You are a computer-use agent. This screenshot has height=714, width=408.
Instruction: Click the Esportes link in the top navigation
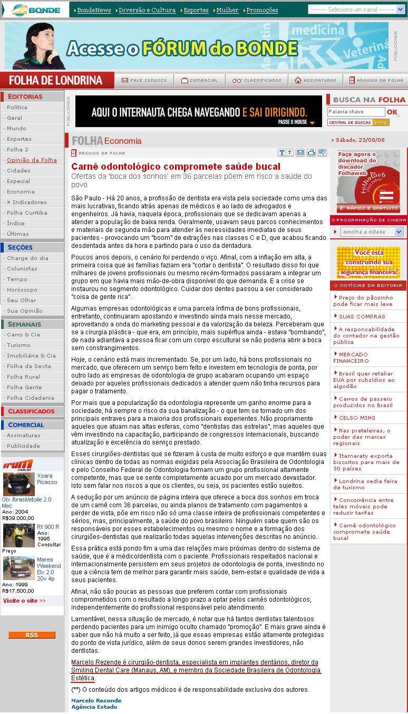196,10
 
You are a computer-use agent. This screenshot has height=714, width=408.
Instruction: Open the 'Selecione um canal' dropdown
358,9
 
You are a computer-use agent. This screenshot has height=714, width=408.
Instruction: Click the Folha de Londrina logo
56,81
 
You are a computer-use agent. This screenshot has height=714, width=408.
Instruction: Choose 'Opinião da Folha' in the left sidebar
32,160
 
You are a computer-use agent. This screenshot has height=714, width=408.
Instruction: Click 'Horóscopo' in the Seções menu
22,290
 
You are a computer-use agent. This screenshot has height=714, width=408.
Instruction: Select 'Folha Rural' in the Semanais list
23,377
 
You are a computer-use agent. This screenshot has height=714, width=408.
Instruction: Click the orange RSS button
32,635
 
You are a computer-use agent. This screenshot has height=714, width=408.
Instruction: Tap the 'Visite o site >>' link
24,600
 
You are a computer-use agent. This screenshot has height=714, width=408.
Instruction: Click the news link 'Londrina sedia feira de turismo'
367,484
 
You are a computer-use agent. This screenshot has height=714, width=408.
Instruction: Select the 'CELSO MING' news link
357,418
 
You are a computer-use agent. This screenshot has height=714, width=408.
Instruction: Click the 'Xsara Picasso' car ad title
46,479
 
